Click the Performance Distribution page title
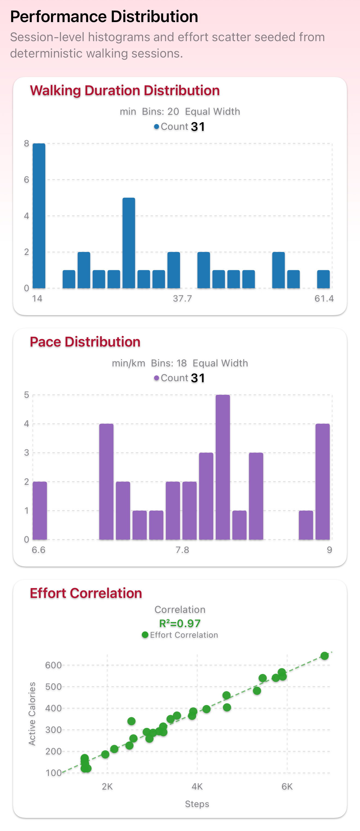tap(104, 16)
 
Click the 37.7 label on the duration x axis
tap(182, 298)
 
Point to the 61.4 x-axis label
tap(324, 298)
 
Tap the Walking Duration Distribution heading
tap(125, 90)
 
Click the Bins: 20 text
tap(160, 111)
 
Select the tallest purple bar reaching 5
tap(223, 467)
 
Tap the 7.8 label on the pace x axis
tap(182, 550)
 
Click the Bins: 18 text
tap(169, 363)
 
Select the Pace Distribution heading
tap(85, 342)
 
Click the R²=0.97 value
tap(180, 623)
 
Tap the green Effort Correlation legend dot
tap(145, 635)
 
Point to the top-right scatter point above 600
tap(325, 656)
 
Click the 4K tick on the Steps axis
tap(197, 787)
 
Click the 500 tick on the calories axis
tap(53, 687)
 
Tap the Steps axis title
tap(197, 804)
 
